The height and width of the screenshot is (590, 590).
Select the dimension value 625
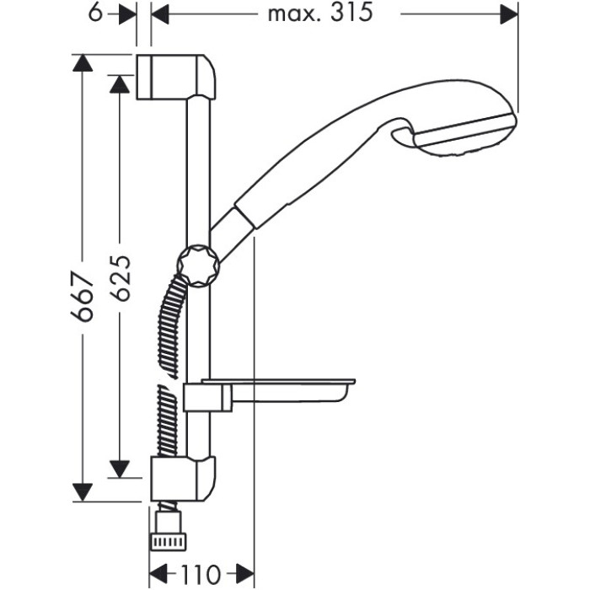pos(120,278)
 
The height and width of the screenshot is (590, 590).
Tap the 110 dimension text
pos(201,575)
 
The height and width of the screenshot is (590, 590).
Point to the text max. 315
pos(320,13)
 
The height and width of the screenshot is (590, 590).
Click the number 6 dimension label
pos(96,13)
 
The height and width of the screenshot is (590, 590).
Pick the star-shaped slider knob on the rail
pos(198,265)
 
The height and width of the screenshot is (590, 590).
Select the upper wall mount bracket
pos(175,78)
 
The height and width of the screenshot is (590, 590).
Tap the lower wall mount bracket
pos(183,478)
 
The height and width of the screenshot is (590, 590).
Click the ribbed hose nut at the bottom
pos(169,541)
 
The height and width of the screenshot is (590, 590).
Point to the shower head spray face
pos(465,134)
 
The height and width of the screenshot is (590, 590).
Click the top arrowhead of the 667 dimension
pos(83,63)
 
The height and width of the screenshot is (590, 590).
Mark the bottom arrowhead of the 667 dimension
pos(83,492)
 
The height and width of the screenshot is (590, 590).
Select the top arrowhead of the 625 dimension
pos(120,84)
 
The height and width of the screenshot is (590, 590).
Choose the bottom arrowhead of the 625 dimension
pos(120,469)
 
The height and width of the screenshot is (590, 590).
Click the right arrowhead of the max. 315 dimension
pos(509,14)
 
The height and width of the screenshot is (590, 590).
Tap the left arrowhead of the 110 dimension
pos(158,575)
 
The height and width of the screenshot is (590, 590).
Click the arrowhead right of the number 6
pos(127,14)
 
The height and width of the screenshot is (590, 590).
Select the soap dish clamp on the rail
pos(207,397)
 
